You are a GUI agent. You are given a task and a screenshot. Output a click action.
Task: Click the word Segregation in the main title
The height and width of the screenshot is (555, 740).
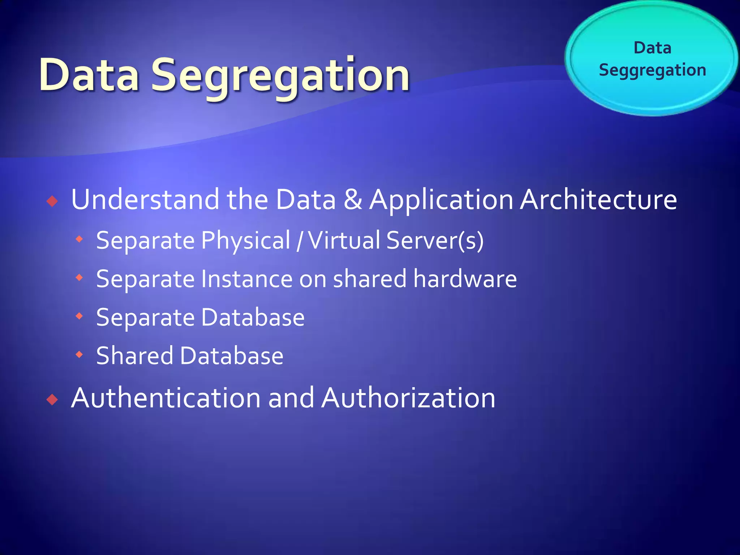(x=280, y=76)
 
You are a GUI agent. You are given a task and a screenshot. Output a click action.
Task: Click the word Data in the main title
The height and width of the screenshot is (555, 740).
(x=89, y=75)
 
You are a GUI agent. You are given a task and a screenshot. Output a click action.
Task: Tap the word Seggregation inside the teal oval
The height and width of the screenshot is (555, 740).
(x=652, y=70)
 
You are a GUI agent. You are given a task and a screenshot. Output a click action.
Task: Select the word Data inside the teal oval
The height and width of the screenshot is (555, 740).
(x=652, y=48)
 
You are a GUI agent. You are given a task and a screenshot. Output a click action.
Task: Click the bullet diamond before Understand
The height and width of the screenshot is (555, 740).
(x=52, y=201)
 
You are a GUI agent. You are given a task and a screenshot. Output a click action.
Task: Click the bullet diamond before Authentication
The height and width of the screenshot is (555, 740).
(x=52, y=399)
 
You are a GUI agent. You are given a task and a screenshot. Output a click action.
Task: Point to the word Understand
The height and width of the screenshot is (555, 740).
(x=145, y=199)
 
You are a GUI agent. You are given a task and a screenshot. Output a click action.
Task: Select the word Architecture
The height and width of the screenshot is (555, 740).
(x=598, y=199)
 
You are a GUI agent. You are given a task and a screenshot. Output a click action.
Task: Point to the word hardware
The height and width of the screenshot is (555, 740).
(x=465, y=279)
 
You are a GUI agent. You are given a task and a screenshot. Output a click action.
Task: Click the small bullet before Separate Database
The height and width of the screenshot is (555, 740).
(x=79, y=316)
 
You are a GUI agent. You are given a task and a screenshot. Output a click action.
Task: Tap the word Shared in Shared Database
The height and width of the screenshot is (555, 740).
(x=135, y=356)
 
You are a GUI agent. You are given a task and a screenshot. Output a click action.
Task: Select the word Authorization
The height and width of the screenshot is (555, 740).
(x=408, y=398)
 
